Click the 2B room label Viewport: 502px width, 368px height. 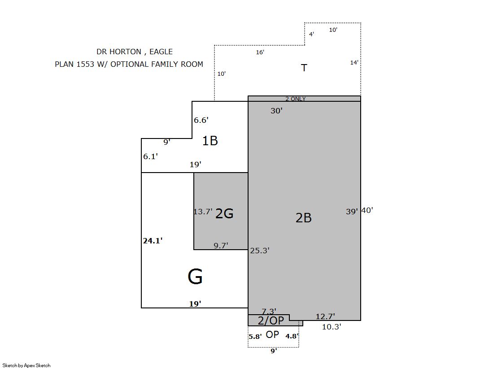[x=304, y=218]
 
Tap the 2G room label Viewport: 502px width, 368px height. [x=224, y=213]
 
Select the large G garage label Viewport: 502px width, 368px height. [x=195, y=277]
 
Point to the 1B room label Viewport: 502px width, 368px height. [x=210, y=141]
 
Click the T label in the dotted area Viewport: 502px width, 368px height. [x=304, y=68]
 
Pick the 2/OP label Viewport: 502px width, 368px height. [x=271, y=320]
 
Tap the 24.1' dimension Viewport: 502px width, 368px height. [x=153, y=241]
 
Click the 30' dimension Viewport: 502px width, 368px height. [x=277, y=111]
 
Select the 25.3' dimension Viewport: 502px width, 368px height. [x=260, y=251]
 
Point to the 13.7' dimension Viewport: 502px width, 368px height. [x=203, y=212]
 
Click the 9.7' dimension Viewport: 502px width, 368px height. [x=221, y=246]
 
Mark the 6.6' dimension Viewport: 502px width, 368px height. [x=201, y=120]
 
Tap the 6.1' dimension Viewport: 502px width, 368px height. [x=150, y=156]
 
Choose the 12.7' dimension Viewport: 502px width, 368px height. [x=325, y=316]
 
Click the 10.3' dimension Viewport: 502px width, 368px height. [x=332, y=327]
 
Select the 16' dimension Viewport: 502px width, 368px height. [x=260, y=52]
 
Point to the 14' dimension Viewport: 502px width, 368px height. [x=354, y=63]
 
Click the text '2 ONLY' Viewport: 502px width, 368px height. [x=296, y=99]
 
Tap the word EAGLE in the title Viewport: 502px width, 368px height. [x=161, y=52]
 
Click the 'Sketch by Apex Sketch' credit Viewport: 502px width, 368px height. [x=26, y=365]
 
